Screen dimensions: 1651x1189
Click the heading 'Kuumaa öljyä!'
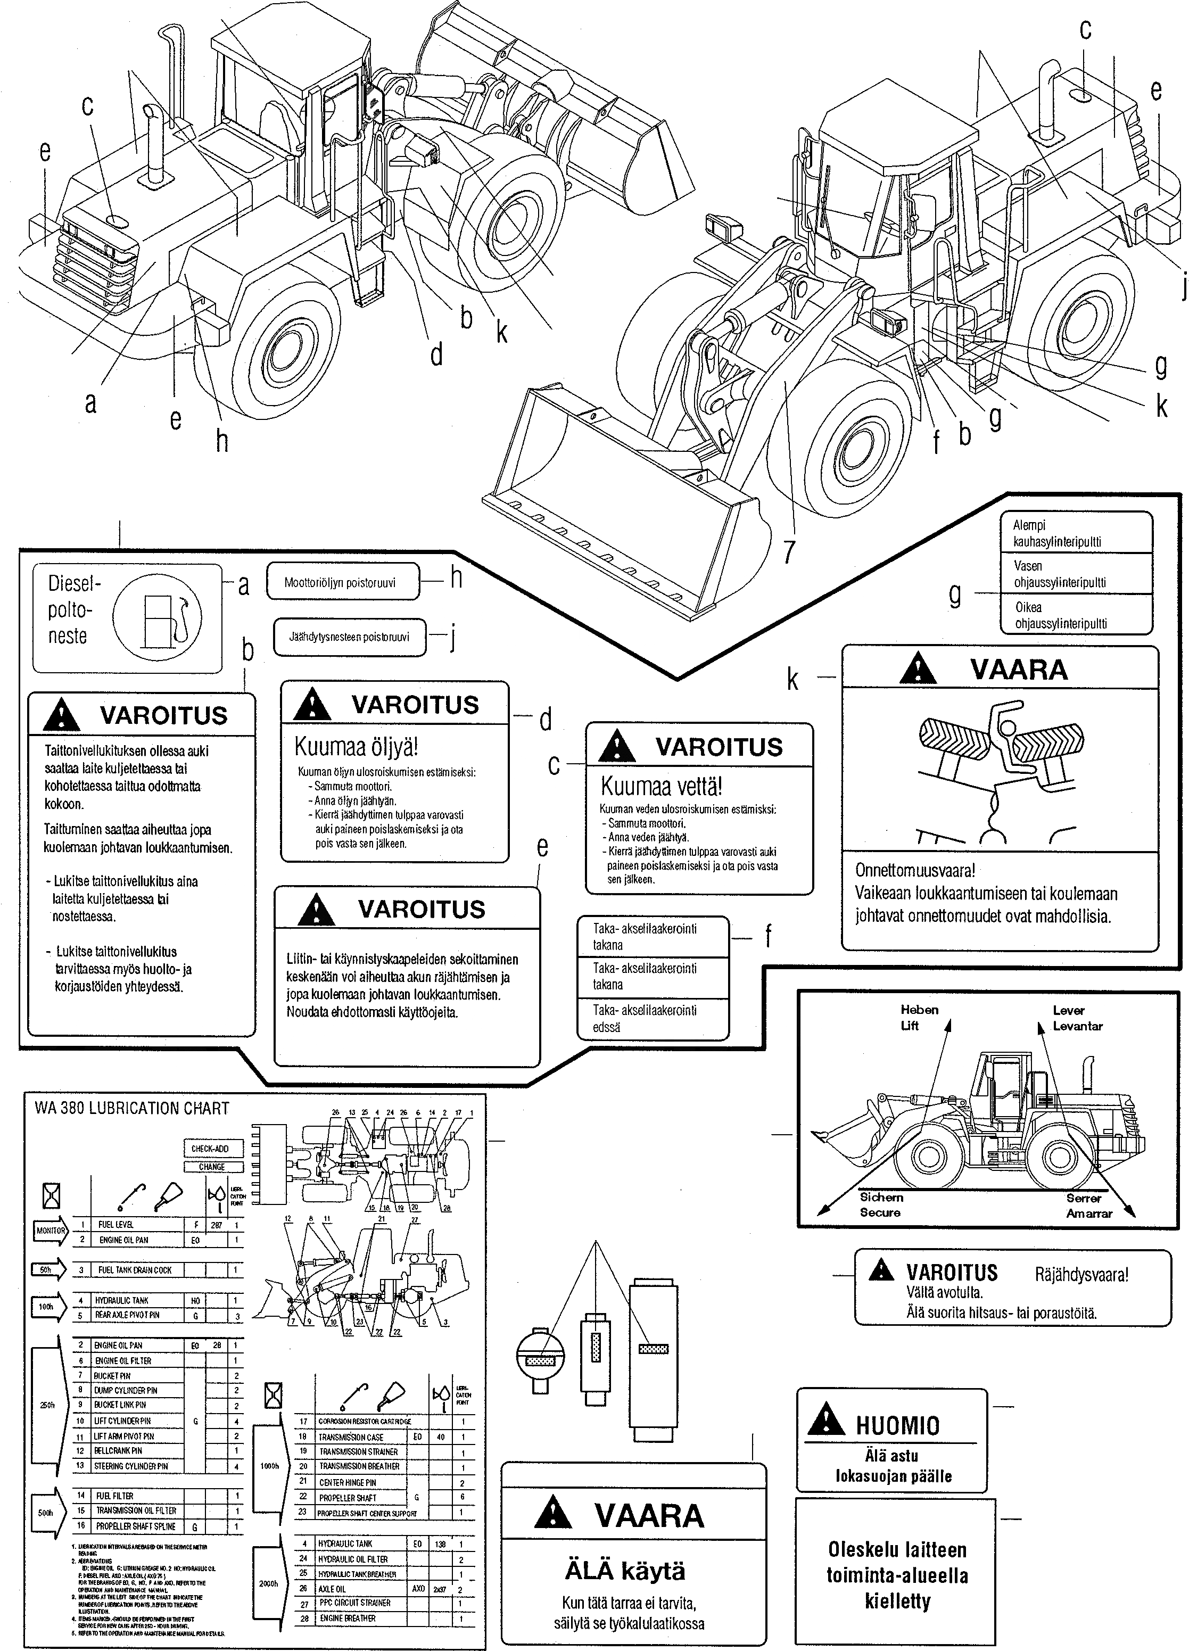[x=356, y=747]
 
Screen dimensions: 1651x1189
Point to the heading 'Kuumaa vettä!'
[x=661, y=786]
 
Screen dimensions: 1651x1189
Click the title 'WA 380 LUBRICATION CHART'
[x=132, y=1108]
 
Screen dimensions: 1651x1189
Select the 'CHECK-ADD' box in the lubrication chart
[x=210, y=1148]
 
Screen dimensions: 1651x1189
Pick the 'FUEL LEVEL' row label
[x=116, y=1225]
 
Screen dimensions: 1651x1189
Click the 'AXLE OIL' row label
[x=332, y=1588]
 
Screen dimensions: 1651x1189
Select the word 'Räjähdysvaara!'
[x=1081, y=1274]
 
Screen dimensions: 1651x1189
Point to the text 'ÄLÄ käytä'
[x=625, y=1571]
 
